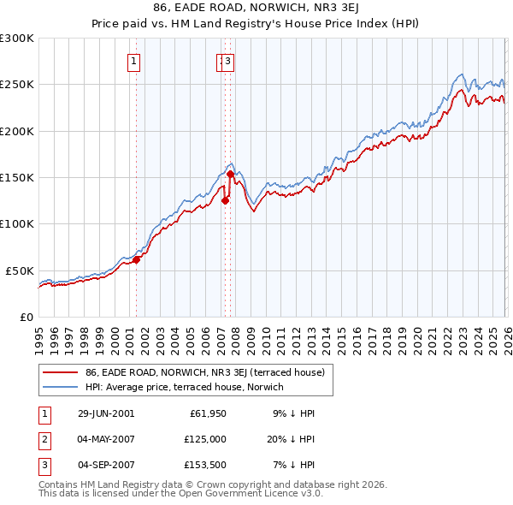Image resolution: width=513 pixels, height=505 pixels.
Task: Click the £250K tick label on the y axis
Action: (17, 85)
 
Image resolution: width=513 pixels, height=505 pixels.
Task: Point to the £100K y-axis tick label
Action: (17, 223)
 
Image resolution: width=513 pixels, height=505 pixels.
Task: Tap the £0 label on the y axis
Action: (27, 317)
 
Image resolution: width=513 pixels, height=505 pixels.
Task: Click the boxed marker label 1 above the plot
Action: (135, 61)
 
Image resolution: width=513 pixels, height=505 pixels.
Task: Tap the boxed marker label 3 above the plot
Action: (229, 61)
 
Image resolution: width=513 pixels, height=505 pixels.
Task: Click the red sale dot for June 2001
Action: (136, 259)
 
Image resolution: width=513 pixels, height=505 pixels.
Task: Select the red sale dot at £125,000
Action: (225, 201)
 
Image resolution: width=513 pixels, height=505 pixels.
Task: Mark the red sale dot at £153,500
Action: (230, 175)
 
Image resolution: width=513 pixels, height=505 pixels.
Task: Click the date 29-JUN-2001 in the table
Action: (106, 413)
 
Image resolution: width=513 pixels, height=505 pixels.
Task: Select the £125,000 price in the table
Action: (204, 438)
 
